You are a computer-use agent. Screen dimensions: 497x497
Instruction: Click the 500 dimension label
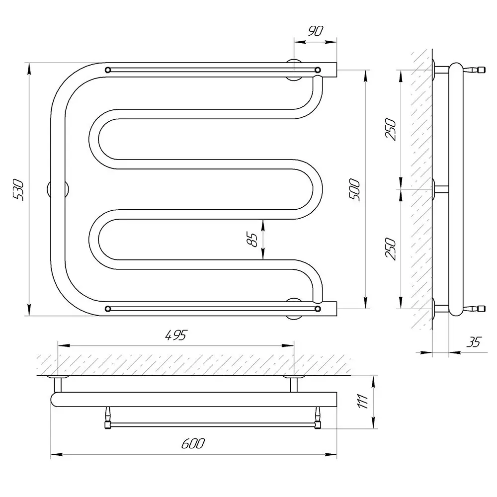(355, 189)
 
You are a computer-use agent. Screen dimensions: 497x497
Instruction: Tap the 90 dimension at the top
(316, 31)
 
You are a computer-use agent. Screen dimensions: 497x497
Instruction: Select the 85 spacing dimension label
(252, 240)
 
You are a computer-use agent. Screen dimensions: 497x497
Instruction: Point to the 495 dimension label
(176, 335)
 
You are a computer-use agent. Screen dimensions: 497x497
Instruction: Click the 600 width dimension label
(193, 443)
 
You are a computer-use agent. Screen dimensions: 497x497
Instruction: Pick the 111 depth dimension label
(363, 401)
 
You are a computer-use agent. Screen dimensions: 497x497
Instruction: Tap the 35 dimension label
(474, 342)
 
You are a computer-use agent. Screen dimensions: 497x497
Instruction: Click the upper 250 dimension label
(390, 129)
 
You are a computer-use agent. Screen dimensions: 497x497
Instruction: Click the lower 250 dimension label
(390, 249)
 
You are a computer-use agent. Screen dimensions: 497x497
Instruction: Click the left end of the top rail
(108, 70)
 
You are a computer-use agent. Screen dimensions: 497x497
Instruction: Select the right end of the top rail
(318, 70)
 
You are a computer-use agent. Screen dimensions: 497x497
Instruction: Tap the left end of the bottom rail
(108, 309)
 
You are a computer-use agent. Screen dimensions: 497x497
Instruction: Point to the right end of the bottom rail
(318, 309)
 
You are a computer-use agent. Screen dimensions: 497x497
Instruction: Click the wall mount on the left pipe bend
(58, 189)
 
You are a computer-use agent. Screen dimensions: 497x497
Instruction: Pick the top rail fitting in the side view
(474, 70)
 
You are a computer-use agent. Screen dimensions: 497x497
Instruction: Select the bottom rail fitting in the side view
(474, 309)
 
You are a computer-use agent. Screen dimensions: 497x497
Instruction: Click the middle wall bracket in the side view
(440, 189)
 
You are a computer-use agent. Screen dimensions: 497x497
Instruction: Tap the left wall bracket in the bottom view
(58, 384)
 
